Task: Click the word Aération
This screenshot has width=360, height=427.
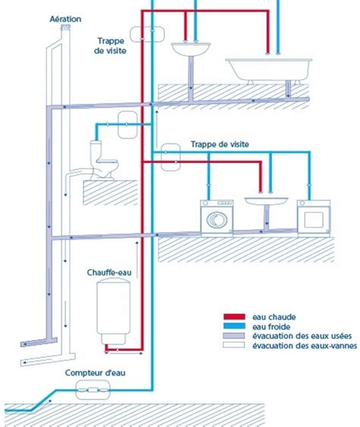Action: tap(66, 17)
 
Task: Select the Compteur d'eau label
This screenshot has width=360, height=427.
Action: tap(94, 373)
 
